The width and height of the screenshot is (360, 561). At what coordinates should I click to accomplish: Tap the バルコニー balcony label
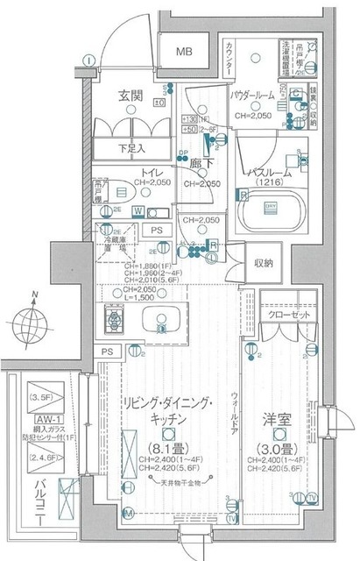(16, 495)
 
